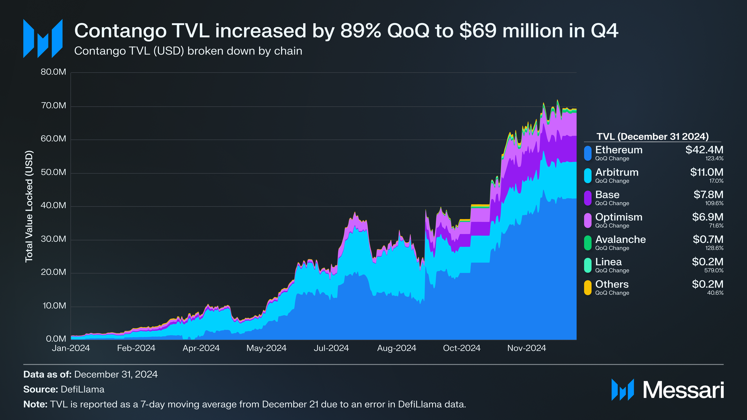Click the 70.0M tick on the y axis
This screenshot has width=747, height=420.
53,106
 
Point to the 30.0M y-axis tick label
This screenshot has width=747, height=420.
53,239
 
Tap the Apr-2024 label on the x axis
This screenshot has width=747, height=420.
201,348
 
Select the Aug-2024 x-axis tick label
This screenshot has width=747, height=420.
397,348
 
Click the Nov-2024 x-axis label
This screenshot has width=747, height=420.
527,348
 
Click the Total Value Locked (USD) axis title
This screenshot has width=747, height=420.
29,206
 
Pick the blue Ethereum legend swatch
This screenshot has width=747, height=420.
588,153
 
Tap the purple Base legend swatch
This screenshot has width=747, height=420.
588,198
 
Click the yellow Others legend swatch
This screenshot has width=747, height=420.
588,288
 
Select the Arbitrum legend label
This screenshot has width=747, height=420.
617,172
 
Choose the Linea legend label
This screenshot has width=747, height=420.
608,262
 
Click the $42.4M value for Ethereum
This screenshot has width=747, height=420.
704,150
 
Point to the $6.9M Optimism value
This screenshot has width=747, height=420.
708,217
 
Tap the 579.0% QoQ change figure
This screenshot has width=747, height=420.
714,270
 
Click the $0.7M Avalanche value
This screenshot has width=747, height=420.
708,239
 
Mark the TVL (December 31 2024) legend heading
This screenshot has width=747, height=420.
652,136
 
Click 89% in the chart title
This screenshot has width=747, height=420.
361,31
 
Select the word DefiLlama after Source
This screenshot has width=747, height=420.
82,389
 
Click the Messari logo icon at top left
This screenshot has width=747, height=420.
43,38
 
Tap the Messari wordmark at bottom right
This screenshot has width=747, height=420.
683,390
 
